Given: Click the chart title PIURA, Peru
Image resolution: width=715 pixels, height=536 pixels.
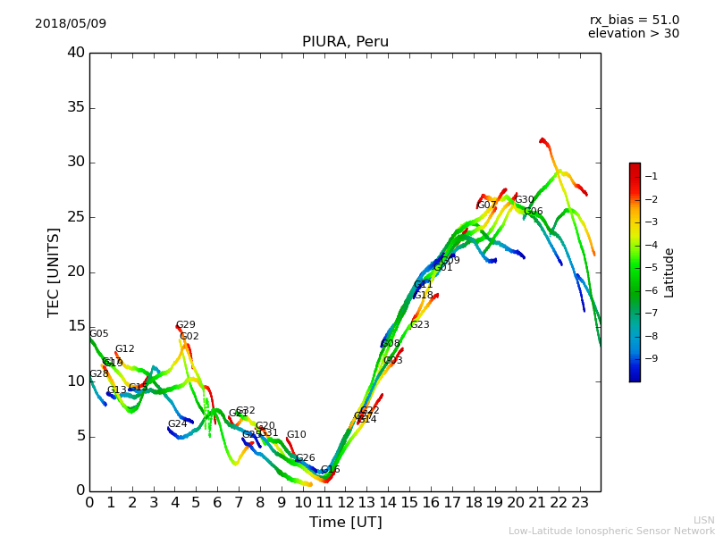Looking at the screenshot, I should tap(345, 42).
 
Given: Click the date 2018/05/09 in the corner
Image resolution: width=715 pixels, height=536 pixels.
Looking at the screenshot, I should tap(71, 23).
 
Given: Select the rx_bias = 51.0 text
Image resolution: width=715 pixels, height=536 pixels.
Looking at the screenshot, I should tap(634, 20).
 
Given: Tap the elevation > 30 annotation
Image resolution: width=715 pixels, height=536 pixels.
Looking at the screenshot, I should tap(633, 34).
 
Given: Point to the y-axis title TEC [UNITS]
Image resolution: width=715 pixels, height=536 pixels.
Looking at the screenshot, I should tap(54, 272).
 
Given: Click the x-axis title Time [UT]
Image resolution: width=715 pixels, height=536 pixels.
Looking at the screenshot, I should tap(345, 523).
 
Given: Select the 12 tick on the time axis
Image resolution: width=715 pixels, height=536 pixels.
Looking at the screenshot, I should tap(346, 502).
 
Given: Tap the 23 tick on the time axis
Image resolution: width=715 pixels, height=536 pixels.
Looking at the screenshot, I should tap(580, 502).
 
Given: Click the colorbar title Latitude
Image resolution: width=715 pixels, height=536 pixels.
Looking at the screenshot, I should tap(669, 272).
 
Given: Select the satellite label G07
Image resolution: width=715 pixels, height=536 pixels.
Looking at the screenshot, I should tap(486, 205).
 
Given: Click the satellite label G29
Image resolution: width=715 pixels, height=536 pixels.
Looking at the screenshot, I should tap(185, 325).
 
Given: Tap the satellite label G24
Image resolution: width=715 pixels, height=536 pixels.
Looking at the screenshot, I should tap(177, 424).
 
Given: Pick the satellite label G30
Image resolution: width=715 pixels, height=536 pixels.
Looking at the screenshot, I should tap(524, 200).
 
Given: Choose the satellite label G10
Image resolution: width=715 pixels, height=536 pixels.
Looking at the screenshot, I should tap(296, 435).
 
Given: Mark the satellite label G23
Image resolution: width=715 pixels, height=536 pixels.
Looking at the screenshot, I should tap(419, 325).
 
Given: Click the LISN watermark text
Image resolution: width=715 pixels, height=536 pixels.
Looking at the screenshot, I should tap(703, 520).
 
